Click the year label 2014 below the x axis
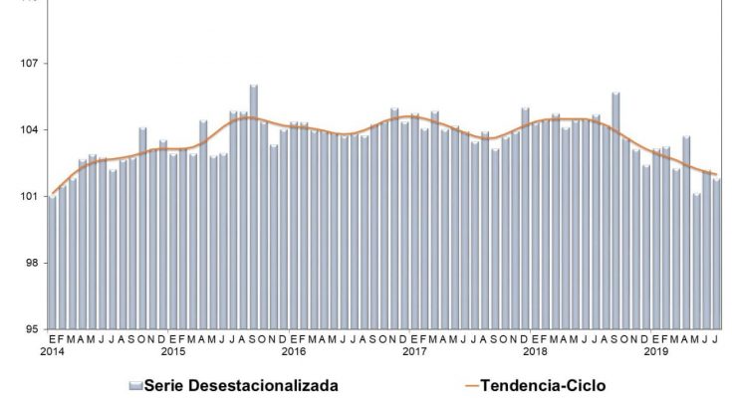(x=53, y=352)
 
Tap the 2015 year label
(x=173, y=352)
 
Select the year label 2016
(x=294, y=352)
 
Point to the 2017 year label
(x=414, y=352)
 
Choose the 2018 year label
(x=536, y=352)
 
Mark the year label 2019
(x=656, y=352)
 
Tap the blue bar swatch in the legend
(x=135, y=385)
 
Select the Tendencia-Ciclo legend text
(x=542, y=385)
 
